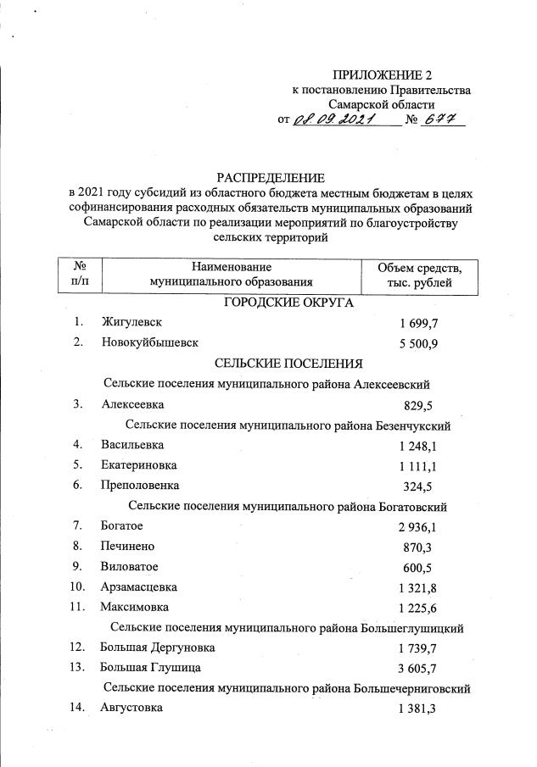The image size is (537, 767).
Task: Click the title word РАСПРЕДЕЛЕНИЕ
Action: click(x=271, y=178)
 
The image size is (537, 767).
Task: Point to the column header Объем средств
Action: click(x=419, y=268)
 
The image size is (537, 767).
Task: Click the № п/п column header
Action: click(x=78, y=275)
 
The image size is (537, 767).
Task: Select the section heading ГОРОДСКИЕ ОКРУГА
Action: click(x=288, y=303)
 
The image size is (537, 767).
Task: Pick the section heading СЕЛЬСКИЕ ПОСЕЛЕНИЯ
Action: click(x=288, y=364)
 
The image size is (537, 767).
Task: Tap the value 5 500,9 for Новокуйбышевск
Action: click(x=416, y=343)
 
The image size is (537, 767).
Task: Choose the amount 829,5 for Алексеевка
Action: click(x=420, y=405)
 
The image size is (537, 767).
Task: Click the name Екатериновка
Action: click(x=139, y=464)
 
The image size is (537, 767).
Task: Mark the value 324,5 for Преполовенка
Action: click(x=420, y=486)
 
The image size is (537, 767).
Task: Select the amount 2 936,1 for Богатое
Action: click(x=416, y=527)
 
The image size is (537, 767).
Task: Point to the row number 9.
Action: click(x=77, y=566)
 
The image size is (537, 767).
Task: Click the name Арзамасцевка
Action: click(x=140, y=586)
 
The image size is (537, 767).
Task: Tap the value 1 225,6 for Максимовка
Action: click(x=416, y=608)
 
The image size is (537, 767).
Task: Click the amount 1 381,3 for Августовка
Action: click(x=416, y=709)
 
